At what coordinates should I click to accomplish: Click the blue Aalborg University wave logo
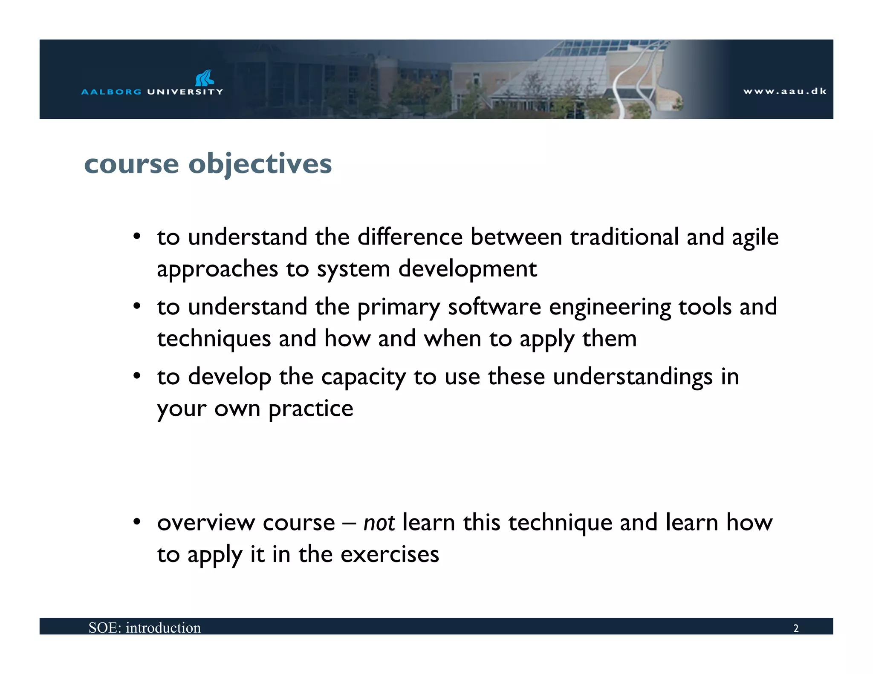tap(205, 78)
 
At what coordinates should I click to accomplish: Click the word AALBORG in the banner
tap(111, 92)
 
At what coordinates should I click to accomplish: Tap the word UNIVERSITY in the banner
tap(185, 92)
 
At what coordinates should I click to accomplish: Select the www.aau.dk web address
tap(785, 91)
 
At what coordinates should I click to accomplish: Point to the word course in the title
tap(131, 164)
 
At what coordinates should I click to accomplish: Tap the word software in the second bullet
tap(494, 307)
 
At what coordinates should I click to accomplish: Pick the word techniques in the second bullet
tap(214, 339)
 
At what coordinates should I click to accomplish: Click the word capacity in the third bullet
tap(363, 377)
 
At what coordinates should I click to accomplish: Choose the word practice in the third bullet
tap(311, 409)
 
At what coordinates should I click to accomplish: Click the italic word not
tap(379, 523)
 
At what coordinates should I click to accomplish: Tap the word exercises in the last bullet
tap(390, 554)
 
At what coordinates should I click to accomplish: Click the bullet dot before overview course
tap(136, 522)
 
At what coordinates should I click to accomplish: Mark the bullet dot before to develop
tap(136, 376)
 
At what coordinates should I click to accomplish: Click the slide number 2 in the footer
tap(795, 628)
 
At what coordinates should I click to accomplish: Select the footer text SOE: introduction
tap(145, 628)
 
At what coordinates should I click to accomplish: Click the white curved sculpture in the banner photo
tap(635, 81)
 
